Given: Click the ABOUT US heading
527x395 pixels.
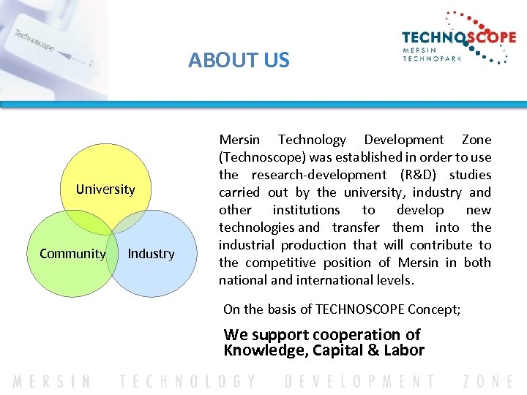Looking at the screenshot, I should pos(239,60).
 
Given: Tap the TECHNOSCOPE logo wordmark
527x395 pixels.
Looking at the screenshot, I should pos(459,38).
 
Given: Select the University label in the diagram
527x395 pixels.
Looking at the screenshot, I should pos(105,189).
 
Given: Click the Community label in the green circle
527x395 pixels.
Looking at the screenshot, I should pos(72,254).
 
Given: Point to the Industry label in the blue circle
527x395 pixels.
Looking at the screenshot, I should pos(151,254).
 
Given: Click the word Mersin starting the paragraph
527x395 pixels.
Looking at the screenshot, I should pos(239,140).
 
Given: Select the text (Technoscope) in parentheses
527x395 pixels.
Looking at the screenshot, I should pos(262,157).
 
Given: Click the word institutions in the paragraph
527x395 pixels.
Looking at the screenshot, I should pos(306,210).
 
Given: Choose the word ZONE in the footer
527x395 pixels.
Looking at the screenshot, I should pos(488,382).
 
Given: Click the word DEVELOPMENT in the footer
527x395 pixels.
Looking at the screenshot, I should pos(359,382).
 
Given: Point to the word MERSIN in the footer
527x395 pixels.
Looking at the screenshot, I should pos(52,382).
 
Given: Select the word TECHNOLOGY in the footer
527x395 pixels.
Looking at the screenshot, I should pos(190,382).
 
